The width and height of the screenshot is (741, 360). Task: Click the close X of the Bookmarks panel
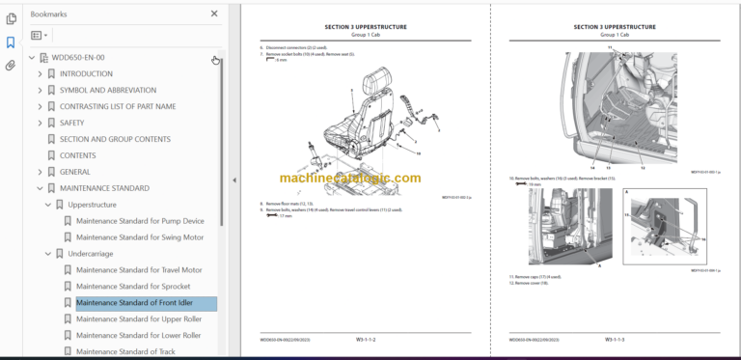tap(214, 14)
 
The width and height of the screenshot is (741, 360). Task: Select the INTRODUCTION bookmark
tap(86, 73)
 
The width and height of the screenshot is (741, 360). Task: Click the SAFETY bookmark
tap(72, 123)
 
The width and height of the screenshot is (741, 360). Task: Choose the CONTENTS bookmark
tap(77, 155)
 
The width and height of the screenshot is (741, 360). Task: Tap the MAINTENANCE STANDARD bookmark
tap(104, 188)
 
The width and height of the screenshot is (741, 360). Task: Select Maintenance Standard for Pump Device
tap(140, 221)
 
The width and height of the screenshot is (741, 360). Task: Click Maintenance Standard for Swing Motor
tap(140, 237)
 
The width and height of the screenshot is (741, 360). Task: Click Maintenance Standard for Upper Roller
tap(139, 319)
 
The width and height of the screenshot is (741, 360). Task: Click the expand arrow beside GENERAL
tap(40, 172)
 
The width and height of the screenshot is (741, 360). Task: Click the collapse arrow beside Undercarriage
tap(47, 254)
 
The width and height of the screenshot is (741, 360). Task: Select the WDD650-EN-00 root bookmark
tap(77, 58)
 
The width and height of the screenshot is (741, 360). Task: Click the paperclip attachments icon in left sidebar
tap(11, 67)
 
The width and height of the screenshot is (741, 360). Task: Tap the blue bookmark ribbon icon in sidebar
tap(11, 42)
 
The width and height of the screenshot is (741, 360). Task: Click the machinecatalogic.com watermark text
tap(350, 179)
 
